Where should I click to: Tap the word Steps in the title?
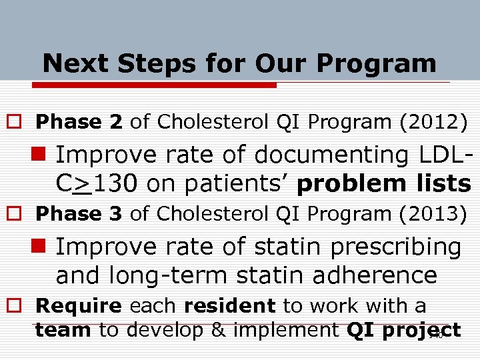click(149, 64)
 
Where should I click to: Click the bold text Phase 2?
click(79, 122)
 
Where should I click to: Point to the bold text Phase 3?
click(79, 214)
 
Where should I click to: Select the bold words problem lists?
click(383, 183)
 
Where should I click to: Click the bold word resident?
click(229, 306)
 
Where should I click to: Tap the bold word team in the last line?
click(63, 330)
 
